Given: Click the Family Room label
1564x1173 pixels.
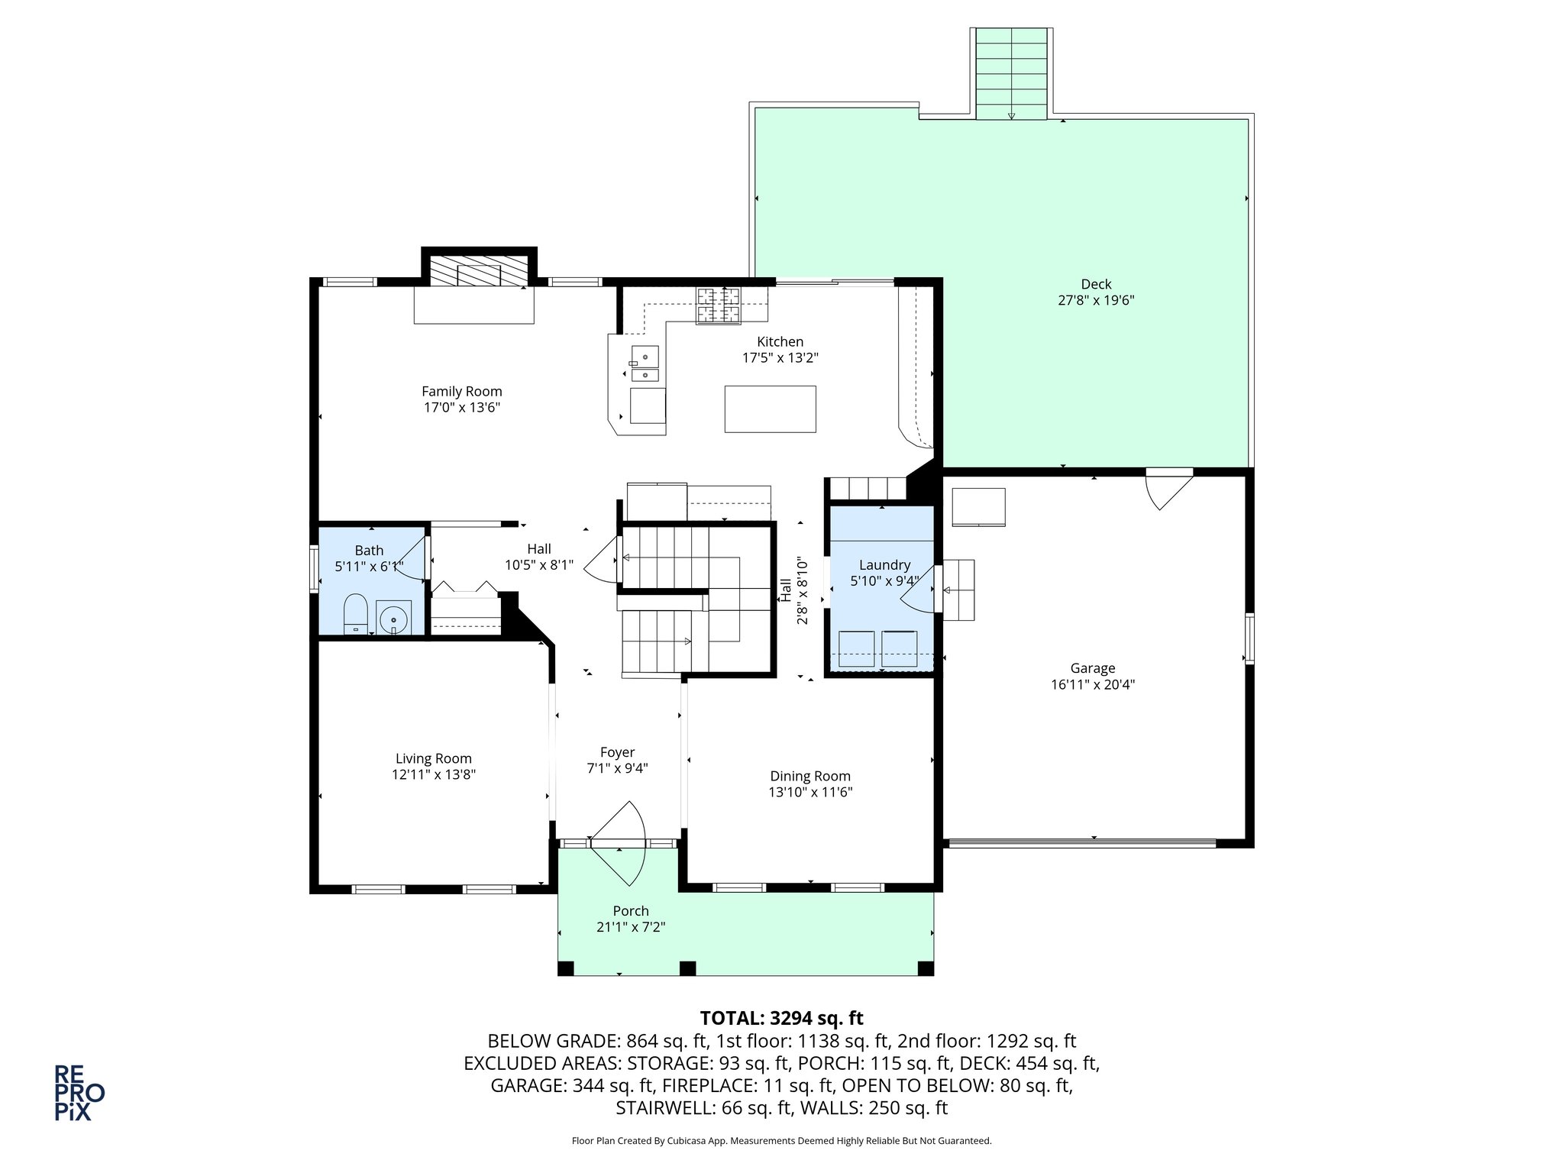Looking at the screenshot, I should pos(461,392).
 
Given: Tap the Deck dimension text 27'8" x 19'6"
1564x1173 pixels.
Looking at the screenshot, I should pos(1096,301).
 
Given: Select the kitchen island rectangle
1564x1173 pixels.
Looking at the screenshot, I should pos(770,409).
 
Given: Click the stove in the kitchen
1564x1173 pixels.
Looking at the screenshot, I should pos(718,305).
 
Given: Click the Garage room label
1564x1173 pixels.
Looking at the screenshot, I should pos(1092,668).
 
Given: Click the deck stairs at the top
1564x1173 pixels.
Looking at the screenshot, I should pos(1012,73).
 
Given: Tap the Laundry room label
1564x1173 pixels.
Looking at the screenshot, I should pos(884,565).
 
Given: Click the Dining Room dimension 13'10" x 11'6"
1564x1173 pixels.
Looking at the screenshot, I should pos(810,793).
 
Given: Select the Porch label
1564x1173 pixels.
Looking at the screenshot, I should pos(631,911).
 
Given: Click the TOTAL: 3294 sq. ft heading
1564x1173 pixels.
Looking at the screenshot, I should pos(781,1018).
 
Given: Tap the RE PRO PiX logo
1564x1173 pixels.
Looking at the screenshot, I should pos(79,1093).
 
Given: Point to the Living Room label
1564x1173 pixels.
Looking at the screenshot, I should pos(433,758).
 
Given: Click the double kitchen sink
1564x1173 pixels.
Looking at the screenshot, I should pos(645,364).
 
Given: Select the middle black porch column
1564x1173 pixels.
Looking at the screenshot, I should pos(687,968).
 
